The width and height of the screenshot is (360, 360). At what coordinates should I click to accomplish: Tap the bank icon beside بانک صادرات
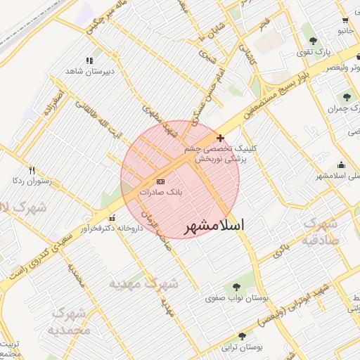[x=160, y=181]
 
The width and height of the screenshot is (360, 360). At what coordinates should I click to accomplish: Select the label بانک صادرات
[x=161, y=191]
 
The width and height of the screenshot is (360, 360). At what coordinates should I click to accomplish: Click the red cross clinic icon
[x=221, y=138]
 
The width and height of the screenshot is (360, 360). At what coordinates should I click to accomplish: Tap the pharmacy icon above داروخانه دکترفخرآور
[x=112, y=218]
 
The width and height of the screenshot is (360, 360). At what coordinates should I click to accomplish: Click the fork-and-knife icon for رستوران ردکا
[x=31, y=170]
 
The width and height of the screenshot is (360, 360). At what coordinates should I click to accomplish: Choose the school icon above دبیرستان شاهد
[x=89, y=61]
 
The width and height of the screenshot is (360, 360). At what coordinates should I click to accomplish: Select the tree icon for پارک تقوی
[x=312, y=41]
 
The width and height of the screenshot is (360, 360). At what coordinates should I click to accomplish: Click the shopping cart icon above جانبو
[x=345, y=21]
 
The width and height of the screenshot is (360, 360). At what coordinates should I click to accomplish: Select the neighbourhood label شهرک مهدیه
[x=143, y=284]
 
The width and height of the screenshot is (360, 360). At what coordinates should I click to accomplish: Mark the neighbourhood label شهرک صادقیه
[x=321, y=231]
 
